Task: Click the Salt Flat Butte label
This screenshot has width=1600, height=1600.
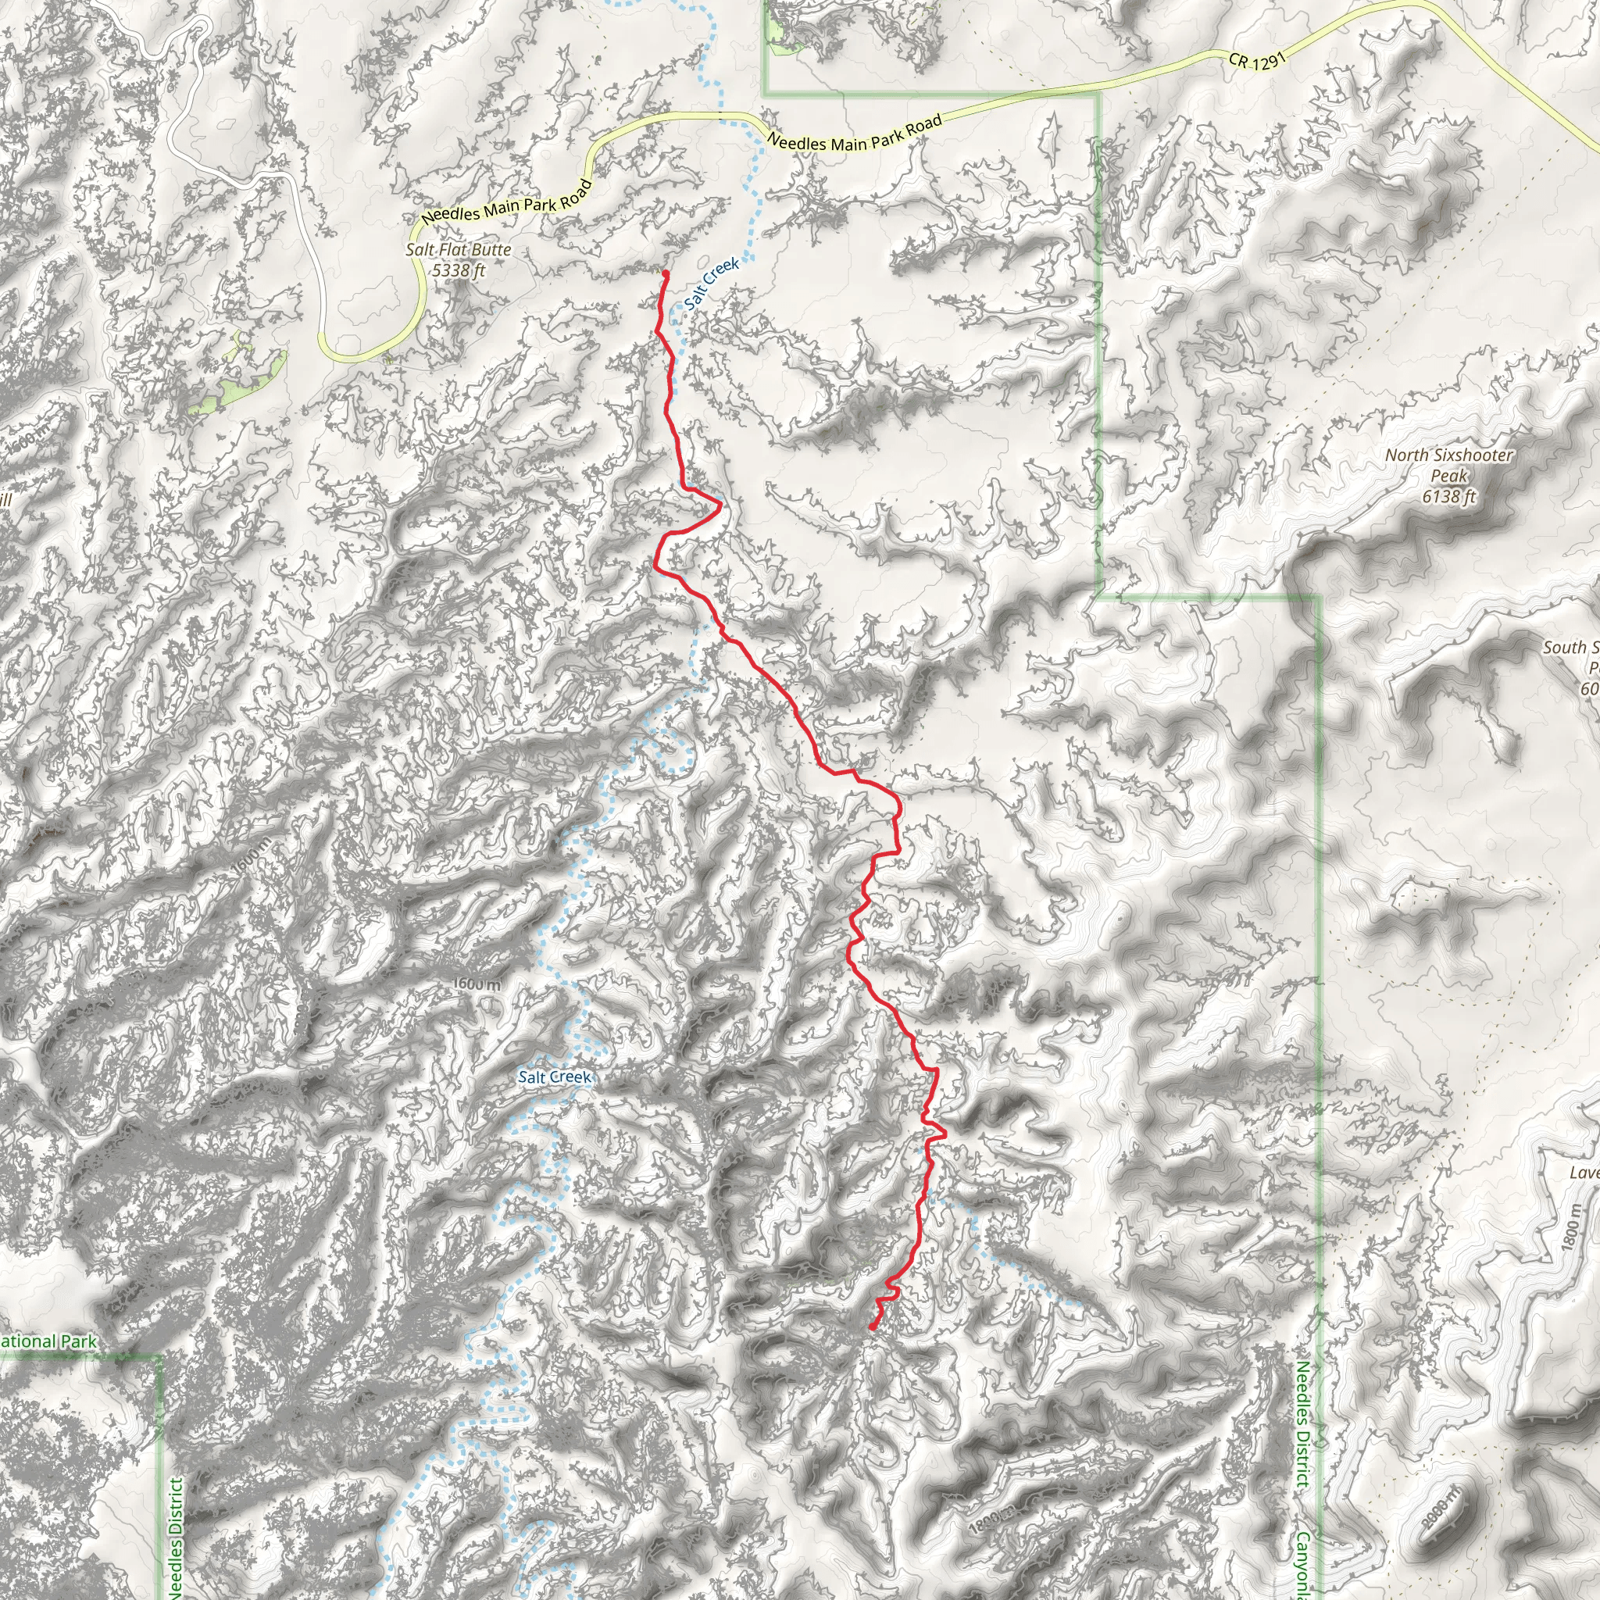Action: tap(458, 249)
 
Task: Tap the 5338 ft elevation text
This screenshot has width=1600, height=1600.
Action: tap(458, 270)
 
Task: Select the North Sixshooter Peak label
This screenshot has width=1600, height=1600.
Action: tap(1448, 455)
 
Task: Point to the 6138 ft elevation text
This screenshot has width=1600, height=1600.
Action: tap(1448, 497)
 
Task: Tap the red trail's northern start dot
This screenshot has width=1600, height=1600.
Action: tap(665, 273)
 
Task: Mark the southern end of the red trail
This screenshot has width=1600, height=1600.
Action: tap(872, 1328)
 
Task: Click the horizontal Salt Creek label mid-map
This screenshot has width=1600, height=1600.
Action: tap(554, 1077)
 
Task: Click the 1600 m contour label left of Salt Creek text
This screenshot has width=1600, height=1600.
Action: tap(477, 984)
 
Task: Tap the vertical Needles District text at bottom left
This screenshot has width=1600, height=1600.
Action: tap(175, 1536)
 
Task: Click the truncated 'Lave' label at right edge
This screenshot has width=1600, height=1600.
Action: tap(1584, 1173)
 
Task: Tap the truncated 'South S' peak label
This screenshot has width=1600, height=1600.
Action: tap(1570, 648)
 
